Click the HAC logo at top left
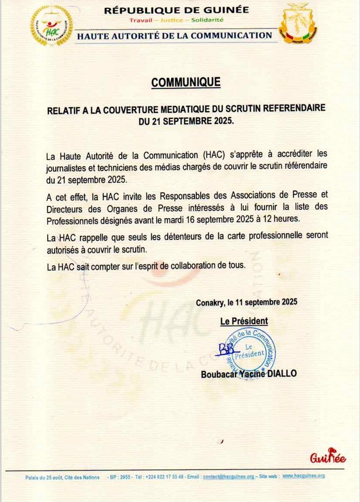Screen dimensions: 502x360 [51, 26]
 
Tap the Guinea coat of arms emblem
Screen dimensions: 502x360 [298, 23]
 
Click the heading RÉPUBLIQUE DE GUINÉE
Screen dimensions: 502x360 [176, 10]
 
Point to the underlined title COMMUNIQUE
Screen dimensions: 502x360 [186, 82]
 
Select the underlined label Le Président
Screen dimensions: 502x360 [244, 321]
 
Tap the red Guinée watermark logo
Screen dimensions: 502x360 [328, 457]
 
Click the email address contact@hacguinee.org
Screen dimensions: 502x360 [228, 477]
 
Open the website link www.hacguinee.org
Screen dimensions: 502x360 [303, 476]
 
